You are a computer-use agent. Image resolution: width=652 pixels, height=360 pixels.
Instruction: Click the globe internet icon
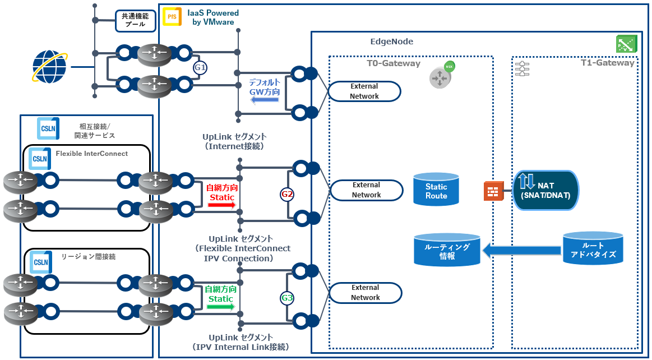pyautogui.click(x=49, y=67)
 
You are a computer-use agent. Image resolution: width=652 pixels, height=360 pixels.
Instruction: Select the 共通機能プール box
pyautogui.click(x=134, y=20)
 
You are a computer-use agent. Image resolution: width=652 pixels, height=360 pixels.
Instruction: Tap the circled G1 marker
pyautogui.click(x=200, y=68)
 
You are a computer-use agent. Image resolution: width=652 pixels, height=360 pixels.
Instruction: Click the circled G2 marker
pyautogui.click(x=287, y=195)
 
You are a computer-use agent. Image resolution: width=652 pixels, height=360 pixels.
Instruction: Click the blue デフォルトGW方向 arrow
pyautogui.click(x=265, y=100)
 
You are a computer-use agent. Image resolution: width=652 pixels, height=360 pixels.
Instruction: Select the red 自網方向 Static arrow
pyautogui.click(x=221, y=205)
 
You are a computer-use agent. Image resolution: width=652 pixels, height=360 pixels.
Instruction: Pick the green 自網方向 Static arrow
pyautogui.click(x=220, y=307)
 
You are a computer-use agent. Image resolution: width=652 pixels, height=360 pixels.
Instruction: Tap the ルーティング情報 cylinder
pyautogui.click(x=447, y=250)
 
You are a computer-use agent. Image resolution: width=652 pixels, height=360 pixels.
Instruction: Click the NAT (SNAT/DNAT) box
pyautogui.click(x=545, y=190)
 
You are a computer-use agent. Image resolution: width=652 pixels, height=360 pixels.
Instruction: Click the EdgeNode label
pyautogui.click(x=392, y=41)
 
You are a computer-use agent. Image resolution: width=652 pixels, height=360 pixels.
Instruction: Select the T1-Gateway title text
pyautogui.click(x=607, y=63)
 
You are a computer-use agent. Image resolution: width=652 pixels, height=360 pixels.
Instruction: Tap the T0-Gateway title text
pyautogui.click(x=394, y=63)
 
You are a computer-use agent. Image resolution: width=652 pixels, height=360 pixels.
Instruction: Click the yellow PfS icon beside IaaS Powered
pyautogui.click(x=172, y=17)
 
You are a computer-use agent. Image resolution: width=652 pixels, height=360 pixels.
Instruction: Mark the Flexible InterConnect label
pyautogui.click(x=91, y=154)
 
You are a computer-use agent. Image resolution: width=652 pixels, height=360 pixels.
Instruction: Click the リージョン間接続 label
pyautogui.click(x=85, y=256)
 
